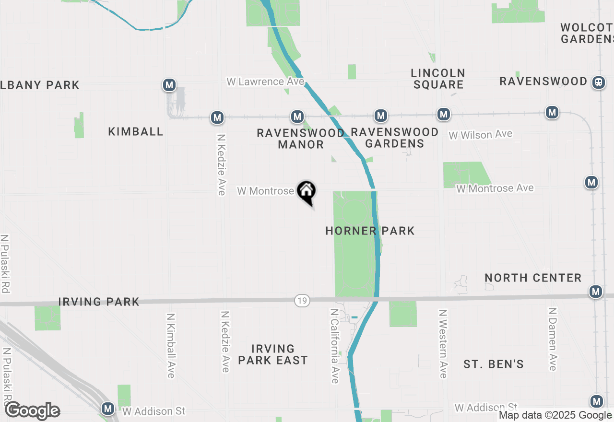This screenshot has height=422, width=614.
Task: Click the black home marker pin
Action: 307,191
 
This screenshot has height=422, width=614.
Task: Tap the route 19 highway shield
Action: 302,301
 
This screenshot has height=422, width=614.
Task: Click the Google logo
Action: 32,411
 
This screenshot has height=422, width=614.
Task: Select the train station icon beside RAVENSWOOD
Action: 598,82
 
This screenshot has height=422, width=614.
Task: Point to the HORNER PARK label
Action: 370,231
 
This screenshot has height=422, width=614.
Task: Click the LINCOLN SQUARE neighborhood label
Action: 438,79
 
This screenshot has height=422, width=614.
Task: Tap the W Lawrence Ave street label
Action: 265,82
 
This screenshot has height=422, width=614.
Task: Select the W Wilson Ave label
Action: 480,135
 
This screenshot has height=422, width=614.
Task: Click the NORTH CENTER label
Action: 533,278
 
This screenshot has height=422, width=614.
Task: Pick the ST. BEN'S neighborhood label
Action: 494,364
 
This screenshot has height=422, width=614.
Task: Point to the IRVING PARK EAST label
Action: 272,354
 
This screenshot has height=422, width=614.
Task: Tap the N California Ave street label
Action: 334,345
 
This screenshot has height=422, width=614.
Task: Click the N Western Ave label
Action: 443,343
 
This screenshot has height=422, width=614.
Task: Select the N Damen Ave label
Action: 552,339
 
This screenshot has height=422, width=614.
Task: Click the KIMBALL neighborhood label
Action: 136,131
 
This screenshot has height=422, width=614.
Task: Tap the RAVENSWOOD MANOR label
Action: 301,138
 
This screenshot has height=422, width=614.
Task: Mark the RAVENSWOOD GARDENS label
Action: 394,138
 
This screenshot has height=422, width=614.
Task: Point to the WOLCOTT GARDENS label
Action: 587,33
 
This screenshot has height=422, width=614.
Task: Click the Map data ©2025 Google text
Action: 555,415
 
